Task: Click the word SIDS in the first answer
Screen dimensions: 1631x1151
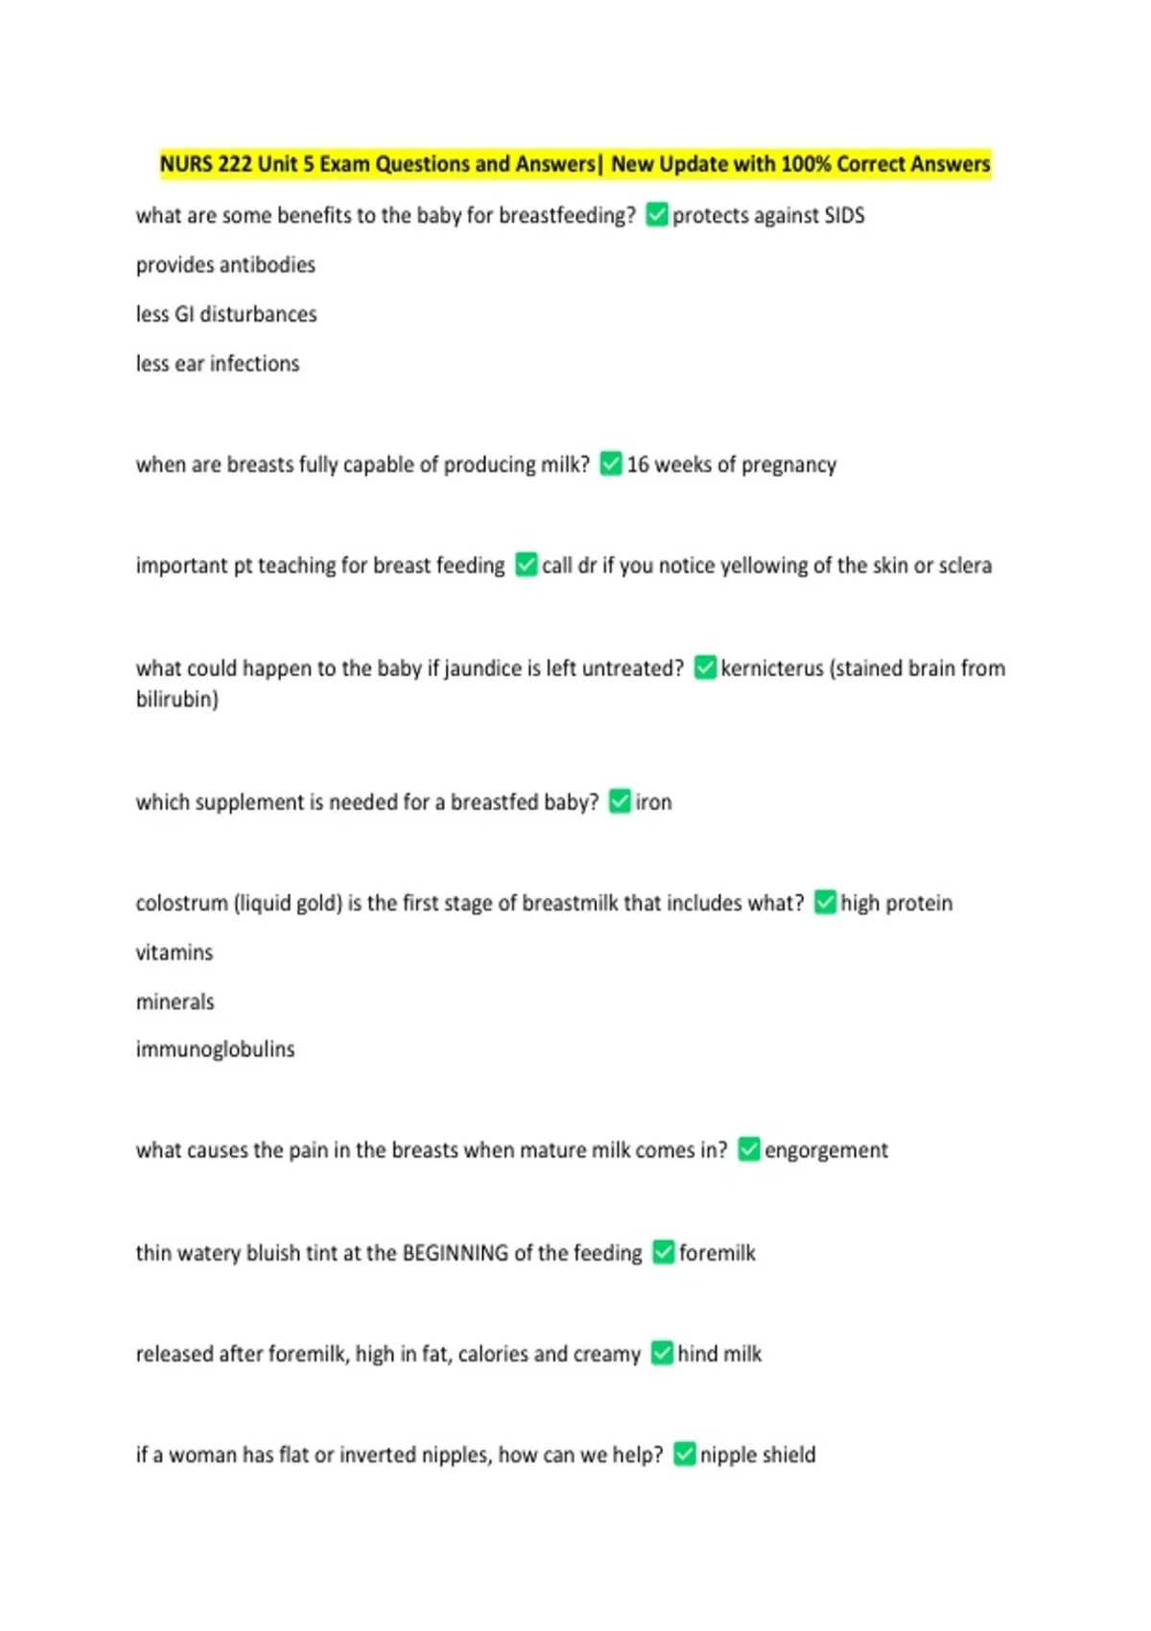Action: point(844,216)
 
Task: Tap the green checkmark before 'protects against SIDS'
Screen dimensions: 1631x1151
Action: point(657,215)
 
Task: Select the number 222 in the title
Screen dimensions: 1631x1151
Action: point(235,164)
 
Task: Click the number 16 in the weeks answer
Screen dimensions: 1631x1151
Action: point(638,465)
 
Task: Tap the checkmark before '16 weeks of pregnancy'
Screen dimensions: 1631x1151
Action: point(611,464)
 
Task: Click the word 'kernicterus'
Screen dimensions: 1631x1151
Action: point(771,669)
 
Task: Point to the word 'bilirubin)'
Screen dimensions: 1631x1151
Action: point(177,699)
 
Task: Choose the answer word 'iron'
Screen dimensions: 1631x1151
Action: point(653,803)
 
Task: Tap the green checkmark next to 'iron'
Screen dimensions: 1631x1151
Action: point(621,801)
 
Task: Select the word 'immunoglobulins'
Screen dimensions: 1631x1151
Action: point(215,1050)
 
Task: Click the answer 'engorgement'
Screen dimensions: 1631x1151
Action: point(826,1150)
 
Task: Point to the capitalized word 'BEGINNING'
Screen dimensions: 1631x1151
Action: point(455,1253)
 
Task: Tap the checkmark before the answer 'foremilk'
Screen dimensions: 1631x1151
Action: point(664,1252)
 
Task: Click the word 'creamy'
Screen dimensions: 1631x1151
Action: point(607,1355)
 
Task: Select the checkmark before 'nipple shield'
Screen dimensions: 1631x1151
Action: point(685,1454)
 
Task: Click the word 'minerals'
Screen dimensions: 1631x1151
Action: point(175,1003)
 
